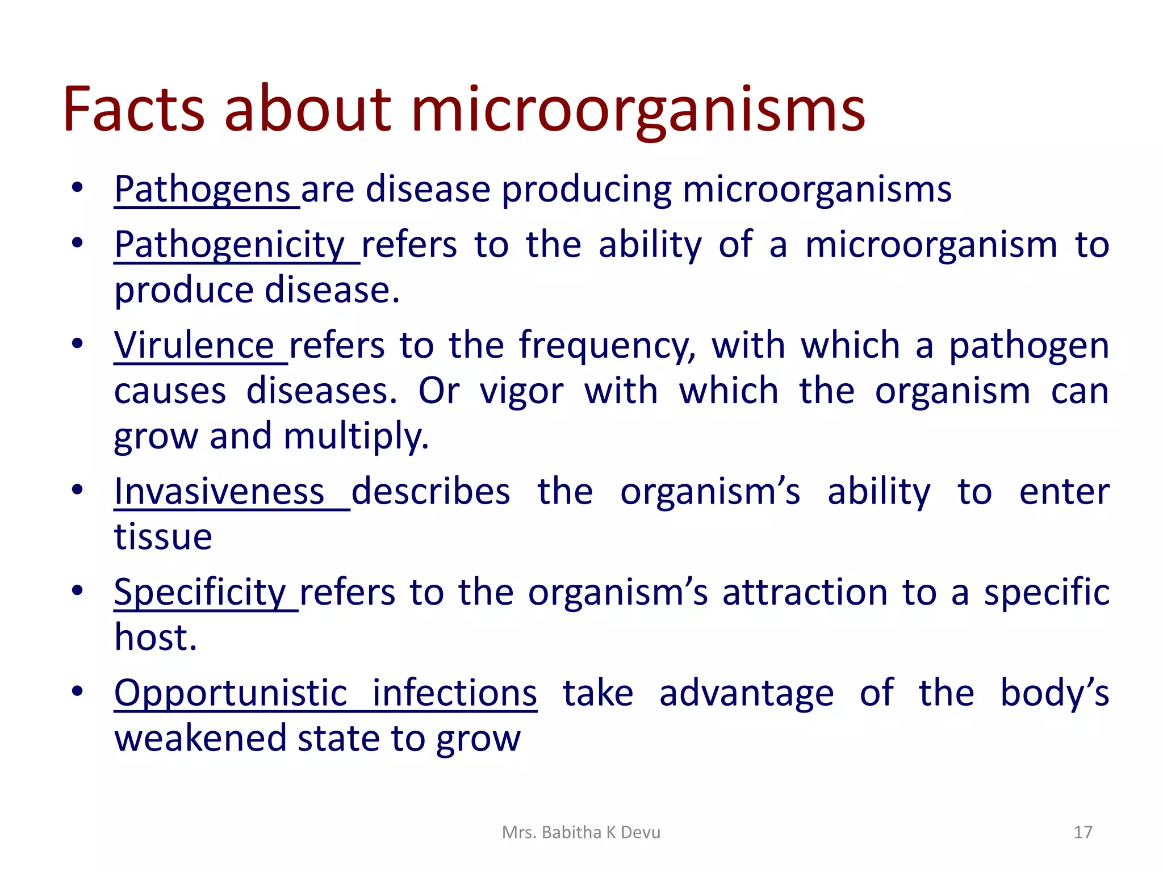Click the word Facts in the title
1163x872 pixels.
point(134,109)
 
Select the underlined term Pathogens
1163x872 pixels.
point(203,189)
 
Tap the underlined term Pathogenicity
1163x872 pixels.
point(230,245)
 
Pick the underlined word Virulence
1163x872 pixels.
point(194,346)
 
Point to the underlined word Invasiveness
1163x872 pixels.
point(219,492)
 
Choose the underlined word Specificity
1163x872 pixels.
point(200,592)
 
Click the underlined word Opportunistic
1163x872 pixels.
point(231,694)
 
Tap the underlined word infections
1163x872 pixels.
point(454,694)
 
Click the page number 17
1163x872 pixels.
point(1083,832)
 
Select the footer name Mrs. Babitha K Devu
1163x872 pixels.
point(581,832)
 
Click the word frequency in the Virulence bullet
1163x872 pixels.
point(607,346)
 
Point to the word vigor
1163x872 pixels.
point(521,392)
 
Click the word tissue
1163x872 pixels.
point(163,536)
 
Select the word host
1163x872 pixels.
point(155,638)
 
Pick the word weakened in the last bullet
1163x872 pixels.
point(200,739)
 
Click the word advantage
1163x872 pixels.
point(746,694)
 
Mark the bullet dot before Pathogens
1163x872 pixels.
point(78,187)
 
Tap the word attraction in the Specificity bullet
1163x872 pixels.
point(805,592)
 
